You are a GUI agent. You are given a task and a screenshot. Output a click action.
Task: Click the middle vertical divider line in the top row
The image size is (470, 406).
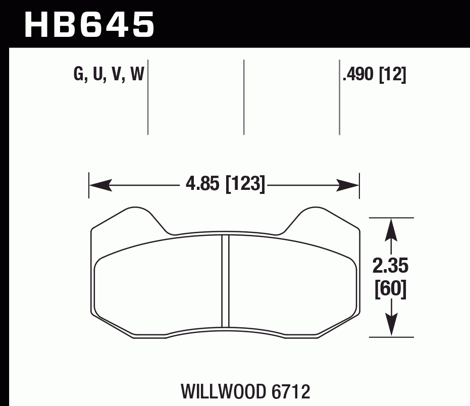(x=244, y=97)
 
